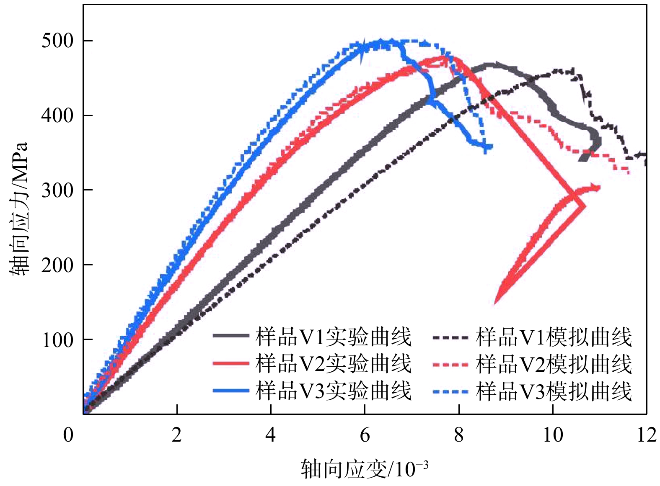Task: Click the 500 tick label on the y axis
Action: click(x=57, y=41)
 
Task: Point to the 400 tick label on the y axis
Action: click(x=57, y=116)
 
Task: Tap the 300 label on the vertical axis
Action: click(x=57, y=190)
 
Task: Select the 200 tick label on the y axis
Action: click(x=57, y=265)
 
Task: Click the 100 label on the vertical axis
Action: click(x=57, y=340)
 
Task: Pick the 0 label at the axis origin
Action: click(x=68, y=435)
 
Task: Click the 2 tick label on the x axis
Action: click(x=177, y=435)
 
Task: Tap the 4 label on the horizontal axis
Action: click(x=271, y=435)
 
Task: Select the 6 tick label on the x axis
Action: click(x=365, y=435)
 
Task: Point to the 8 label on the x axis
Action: click(x=459, y=435)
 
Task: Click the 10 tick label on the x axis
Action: click(x=553, y=435)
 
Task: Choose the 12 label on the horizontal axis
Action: click(x=647, y=435)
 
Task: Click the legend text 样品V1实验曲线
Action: click(x=334, y=337)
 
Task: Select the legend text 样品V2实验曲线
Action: click(x=334, y=363)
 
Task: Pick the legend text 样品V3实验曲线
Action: click(x=334, y=391)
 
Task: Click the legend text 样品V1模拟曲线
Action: click(x=554, y=337)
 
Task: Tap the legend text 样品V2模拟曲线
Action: click(x=554, y=363)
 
